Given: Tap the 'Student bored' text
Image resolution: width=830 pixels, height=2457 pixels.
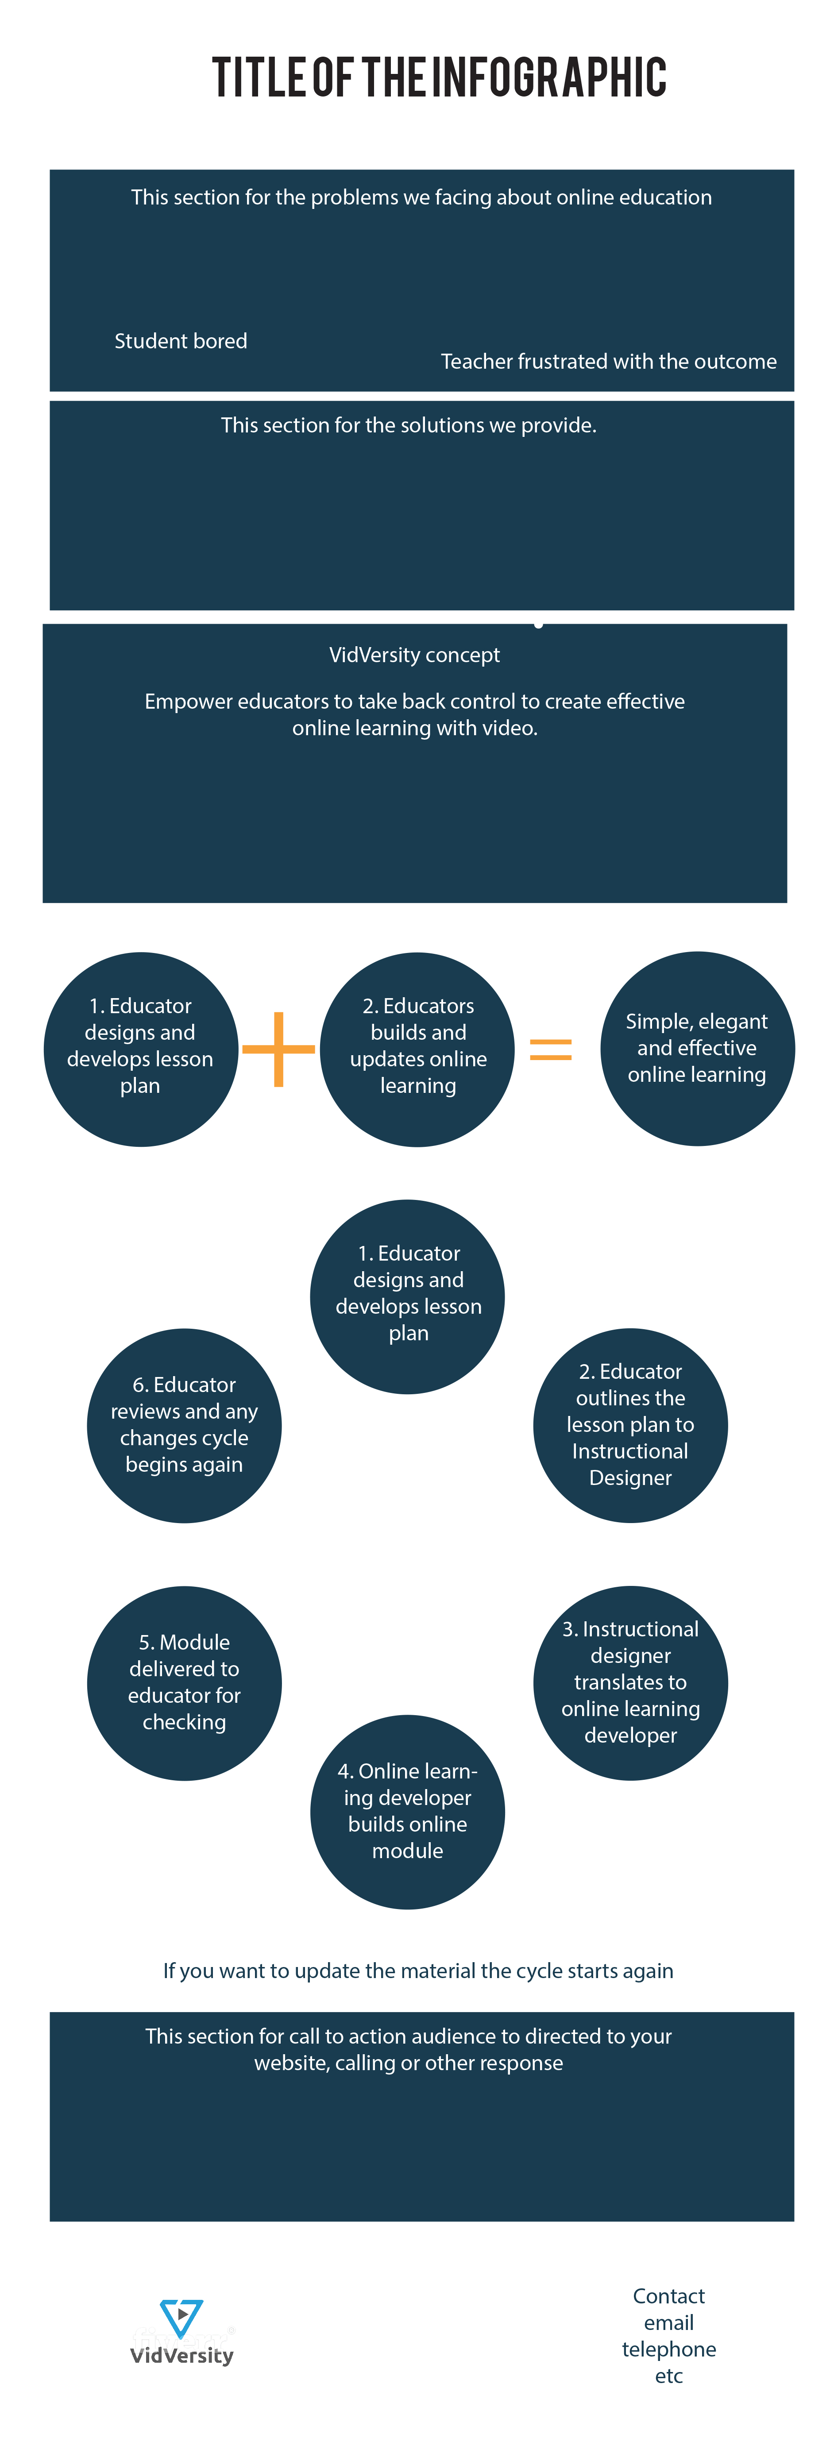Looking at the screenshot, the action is pos(180,340).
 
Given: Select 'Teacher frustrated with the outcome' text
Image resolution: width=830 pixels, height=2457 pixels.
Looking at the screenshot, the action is pos(609,362).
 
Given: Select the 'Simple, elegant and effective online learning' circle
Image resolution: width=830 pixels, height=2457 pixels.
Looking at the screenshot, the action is pos(697,1048).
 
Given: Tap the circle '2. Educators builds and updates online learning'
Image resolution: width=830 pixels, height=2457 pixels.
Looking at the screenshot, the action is pos(418,1049).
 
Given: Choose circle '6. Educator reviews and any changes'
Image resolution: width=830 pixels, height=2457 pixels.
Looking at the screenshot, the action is pos(184,1425).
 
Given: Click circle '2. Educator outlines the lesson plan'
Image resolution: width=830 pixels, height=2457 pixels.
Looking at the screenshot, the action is pos(631,1425).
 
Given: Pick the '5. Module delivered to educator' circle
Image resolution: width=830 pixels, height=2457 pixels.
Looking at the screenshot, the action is pos(184,1682).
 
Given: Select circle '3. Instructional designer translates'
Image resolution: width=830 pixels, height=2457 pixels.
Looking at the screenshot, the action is pos(631,1682).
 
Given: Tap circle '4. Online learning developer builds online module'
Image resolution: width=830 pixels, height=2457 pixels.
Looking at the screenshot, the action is pos(407,1811).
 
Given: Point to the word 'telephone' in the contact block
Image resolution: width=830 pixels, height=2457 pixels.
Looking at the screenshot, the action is pos(669,2348).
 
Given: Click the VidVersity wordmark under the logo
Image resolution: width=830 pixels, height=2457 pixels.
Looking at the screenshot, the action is pos(181,2355).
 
